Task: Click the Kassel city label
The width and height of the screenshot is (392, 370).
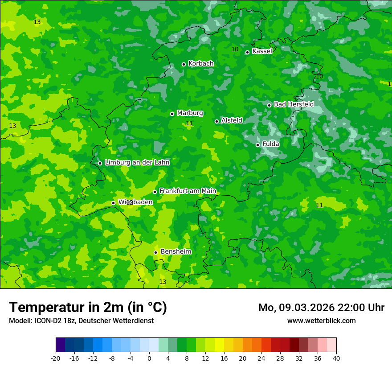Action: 262,51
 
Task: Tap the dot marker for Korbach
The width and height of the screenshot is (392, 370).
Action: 184,64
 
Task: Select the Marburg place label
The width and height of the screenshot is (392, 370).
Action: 190,113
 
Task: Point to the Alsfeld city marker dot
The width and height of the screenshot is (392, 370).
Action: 216,121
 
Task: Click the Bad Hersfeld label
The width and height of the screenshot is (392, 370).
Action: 294,104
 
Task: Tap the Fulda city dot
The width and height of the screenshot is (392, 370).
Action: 257,145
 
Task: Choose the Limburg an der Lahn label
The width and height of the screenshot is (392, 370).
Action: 137,163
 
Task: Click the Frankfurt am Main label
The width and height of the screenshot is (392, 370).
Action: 188,191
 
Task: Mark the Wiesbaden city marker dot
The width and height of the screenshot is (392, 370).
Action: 113,203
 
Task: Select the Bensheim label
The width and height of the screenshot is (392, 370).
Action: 176,251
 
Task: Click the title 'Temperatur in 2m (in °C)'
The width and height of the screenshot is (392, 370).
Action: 88,307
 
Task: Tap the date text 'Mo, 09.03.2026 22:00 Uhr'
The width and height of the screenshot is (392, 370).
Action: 321,308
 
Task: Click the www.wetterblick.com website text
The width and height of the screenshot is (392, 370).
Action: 321,321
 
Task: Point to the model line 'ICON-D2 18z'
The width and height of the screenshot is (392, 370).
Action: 81,321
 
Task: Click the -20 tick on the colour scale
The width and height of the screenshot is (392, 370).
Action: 56,358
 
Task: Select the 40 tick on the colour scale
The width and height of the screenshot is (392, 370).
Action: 336,358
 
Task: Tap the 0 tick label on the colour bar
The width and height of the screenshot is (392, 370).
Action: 149,358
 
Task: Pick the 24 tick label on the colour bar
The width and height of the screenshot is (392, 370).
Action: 261,358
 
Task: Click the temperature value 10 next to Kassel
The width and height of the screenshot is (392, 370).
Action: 235,49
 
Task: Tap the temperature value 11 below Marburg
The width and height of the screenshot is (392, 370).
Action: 189,123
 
